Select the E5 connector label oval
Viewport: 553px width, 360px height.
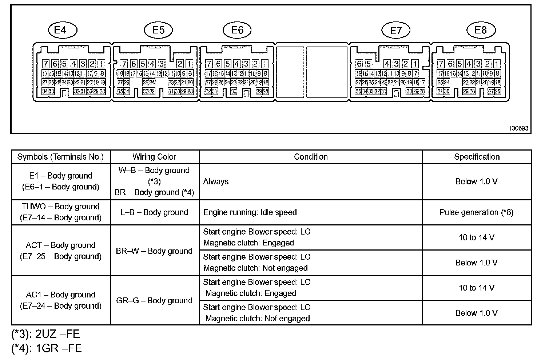point(158,30)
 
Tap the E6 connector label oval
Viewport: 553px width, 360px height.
point(237,30)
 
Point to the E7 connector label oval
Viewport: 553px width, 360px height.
point(395,31)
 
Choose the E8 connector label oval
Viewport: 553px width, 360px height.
point(481,30)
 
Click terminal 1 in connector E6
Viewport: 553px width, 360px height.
point(265,64)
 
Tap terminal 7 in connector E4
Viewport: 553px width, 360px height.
point(45,64)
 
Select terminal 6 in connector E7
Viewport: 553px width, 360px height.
point(359,64)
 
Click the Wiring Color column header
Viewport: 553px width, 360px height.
point(154,157)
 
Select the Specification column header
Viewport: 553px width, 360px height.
point(477,157)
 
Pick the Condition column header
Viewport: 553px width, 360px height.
point(311,157)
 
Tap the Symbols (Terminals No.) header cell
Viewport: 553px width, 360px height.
point(60,157)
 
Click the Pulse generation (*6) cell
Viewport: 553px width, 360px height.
point(477,212)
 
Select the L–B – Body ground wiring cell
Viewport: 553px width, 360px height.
point(154,212)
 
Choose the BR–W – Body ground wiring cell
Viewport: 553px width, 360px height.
point(154,251)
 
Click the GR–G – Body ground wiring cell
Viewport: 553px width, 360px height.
point(154,300)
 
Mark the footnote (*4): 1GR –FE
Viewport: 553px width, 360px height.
point(46,348)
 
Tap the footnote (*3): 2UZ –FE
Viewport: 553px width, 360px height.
point(45,334)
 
